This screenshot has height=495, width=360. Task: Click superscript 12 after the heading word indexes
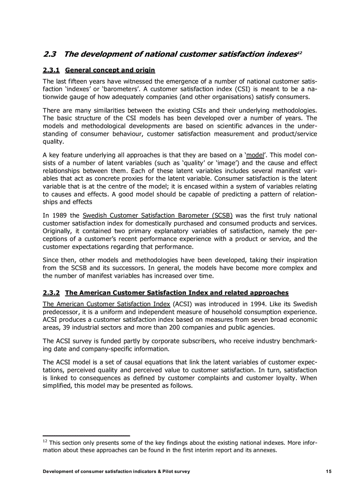299,52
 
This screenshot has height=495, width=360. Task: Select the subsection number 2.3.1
51,70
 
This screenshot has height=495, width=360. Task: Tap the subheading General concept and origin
110,70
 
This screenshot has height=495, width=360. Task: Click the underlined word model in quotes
255,155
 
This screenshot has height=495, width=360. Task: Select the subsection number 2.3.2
51,293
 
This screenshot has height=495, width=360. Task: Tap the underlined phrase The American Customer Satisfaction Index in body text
106,304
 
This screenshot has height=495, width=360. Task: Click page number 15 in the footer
329,472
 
